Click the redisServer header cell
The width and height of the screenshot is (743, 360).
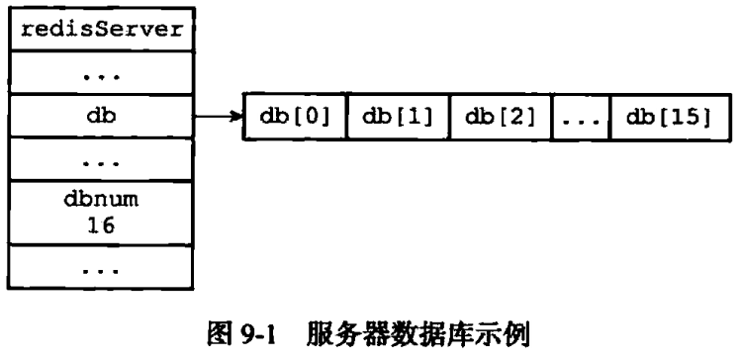tap(101, 29)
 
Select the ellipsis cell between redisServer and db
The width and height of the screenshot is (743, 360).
tap(101, 72)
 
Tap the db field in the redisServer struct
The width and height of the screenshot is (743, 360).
tap(101, 116)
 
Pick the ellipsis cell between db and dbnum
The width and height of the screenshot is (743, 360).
tap(101, 158)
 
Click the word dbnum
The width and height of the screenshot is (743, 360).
tap(101, 200)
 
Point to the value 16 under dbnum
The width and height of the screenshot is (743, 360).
tap(101, 225)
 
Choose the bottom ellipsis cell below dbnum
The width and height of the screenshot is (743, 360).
tap(101, 267)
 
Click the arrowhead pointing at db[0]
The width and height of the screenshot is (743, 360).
tap(236, 116)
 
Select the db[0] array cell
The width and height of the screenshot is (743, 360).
tap(295, 117)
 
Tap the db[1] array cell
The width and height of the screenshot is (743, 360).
tap(398, 117)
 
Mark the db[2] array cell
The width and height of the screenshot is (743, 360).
tap(501, 117)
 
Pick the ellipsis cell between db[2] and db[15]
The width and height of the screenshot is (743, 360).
tap(581, 117)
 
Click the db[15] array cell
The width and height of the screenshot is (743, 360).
tap(670, 117)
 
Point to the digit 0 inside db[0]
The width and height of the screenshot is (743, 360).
tap(310, 117)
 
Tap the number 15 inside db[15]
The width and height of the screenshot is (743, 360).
tap(686, 117)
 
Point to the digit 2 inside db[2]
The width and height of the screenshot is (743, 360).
tap(516, 117)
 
